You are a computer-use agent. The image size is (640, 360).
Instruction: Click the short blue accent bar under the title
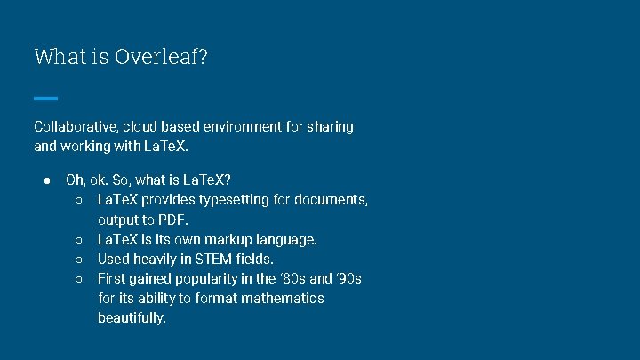[x=45, y=98]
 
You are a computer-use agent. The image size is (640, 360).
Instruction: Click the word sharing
[x=330, y=126]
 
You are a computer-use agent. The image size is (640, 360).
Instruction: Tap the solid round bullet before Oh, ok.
[x=45, y=180]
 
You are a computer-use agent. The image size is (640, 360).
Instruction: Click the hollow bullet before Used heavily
[x=78, y=260]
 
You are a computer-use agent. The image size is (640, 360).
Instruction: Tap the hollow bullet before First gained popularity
[x=78, y=279]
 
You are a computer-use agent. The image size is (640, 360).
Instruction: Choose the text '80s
[x=295, y=278]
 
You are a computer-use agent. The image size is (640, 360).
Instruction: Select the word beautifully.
[x=132, y=317]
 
